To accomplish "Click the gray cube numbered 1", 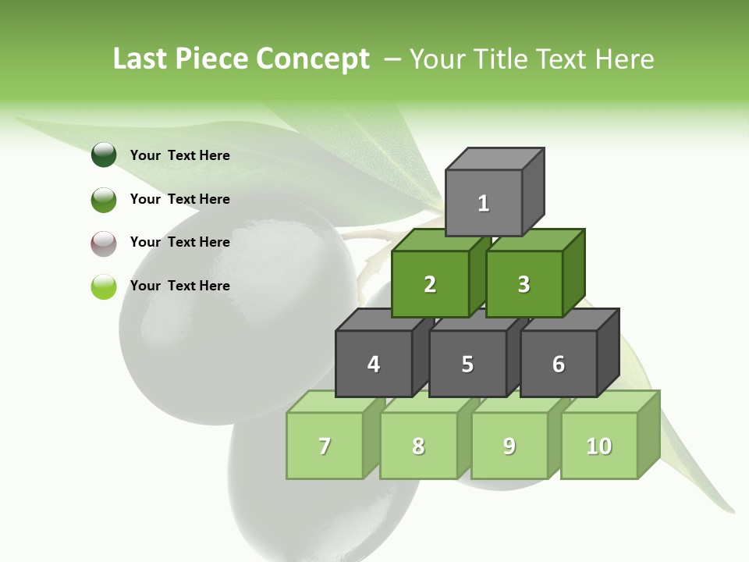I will pyautogui.click(x=484, y=203).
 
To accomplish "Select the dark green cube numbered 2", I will pyautogui.click(x=430, y=284).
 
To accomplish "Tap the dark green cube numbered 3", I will pyautogui.click(x=524, y=284).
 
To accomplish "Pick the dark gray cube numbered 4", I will pyautogui.click(x=374, y=364).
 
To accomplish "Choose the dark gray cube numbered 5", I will pyautogui.click(x=467, y=364).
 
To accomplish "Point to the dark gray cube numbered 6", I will pyautogui.click(x=559, y=364).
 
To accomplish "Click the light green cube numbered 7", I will pyautogui.click(x=325, y=446).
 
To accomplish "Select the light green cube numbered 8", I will pyautogui.click(x=418, y=446).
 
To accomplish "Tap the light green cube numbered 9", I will pyautogui.click(x=509, y=446).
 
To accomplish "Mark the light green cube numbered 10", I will pyautogui.click(x=599, y=446).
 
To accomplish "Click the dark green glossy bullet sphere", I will pyautogui.click(x=104, y=155).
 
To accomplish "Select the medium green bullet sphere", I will pyautogui.click(x=104, y=199).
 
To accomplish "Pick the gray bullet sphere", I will pyautogui.click(x=104, y=243).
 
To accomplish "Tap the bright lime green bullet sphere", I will pyautogui.click(x=104, y=286).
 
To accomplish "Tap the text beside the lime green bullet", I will pyautogui.click(x=180, y=286).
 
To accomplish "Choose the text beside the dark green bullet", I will pyautogui.click(x=180, y=155).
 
